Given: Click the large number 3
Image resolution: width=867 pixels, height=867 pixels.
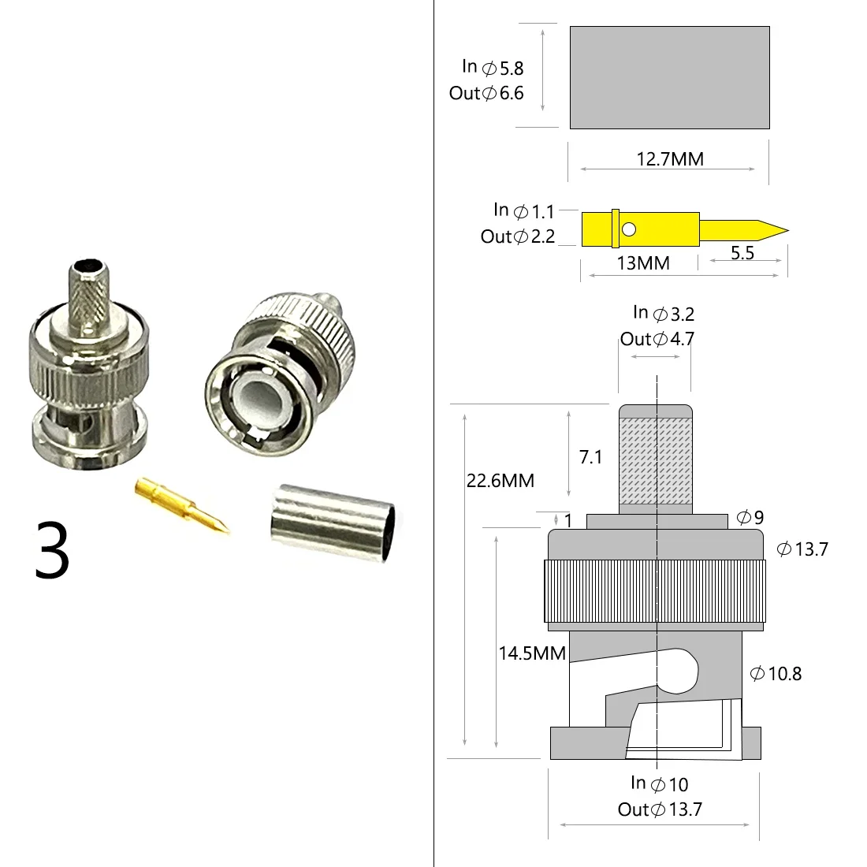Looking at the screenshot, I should pyautogui.click(x=52, y=550).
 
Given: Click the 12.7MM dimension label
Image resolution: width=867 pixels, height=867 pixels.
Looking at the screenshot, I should pyautogui.click(x=670, y=159).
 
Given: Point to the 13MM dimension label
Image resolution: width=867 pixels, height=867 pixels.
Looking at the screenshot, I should pyautogui.click(x=642, y=263).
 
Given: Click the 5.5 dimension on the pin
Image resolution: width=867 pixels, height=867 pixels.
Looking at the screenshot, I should pyautogui.click(x=742, y=253).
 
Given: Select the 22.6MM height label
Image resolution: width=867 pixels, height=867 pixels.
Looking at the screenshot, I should pyautogui.click(x=500, y=480).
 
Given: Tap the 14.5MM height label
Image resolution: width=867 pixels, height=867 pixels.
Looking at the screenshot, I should pyautogui.click(x=532, y=653).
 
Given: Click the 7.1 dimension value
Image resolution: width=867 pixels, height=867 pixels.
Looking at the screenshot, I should pyautogui.click(x=590, y=457).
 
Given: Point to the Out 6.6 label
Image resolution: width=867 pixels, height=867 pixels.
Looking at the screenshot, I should pyautogui.click(x=486, y=93).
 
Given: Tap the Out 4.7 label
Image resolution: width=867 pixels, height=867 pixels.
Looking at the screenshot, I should pyautogui.click(x=657, y=339).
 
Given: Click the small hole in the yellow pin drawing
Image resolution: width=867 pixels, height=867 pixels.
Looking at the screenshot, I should pyautogui.click(x=628, y=229).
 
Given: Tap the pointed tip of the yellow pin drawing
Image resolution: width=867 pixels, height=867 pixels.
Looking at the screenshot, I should pyautogui.click(x=785, y=230).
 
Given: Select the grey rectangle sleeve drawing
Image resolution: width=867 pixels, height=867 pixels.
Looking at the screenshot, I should pyautogui.click(x=669, y=77).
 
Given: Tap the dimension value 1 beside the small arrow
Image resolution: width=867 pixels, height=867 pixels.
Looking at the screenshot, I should pyautogui.click(x=568, y=520).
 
